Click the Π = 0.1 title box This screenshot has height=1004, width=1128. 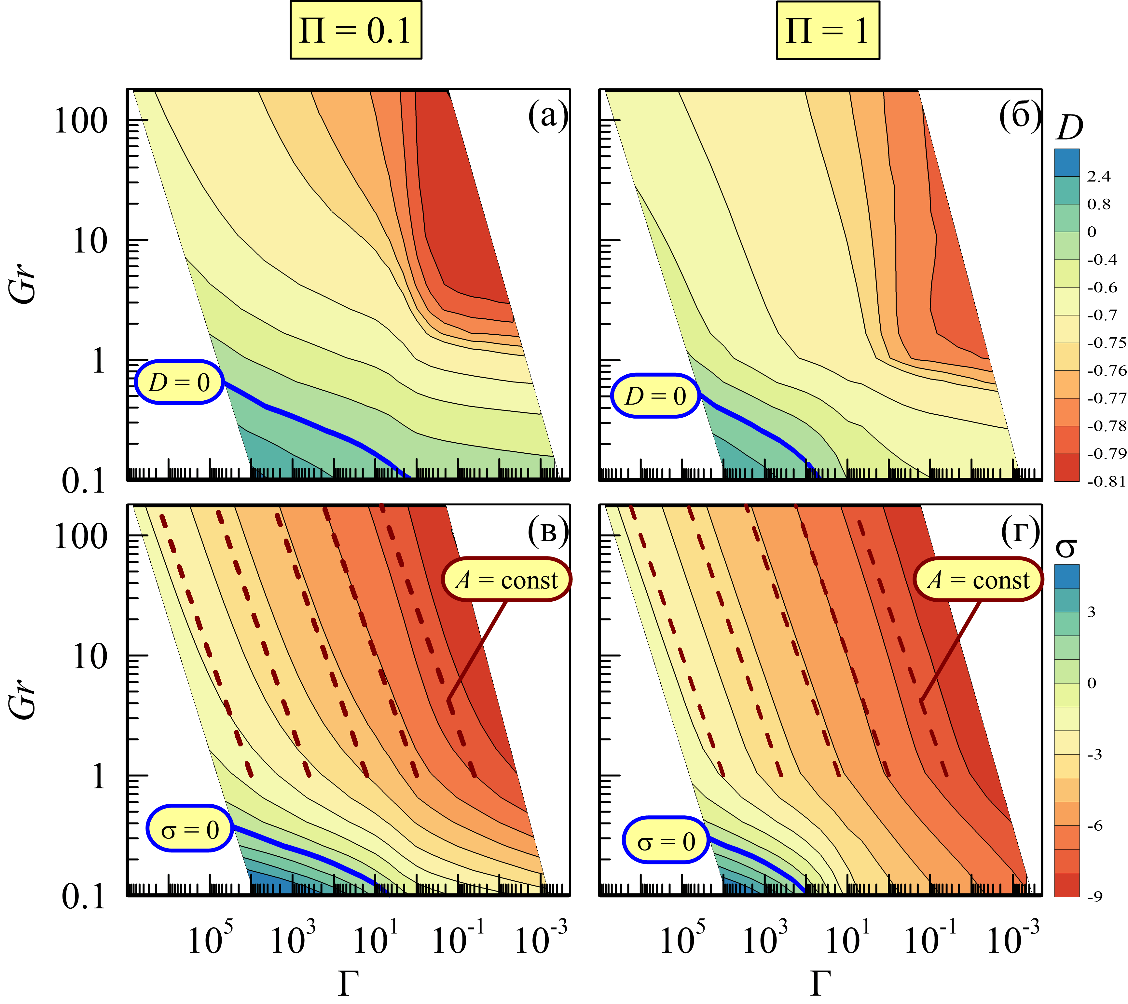pyautogui.click(x=356, y=30)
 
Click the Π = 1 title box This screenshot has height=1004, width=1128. pyautogui.click(x=828, y=30)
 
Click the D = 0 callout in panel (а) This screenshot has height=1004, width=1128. pyautogui.click(x=179, y=382)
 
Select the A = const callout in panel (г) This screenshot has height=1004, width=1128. pyautogui.click(x=978, y=579)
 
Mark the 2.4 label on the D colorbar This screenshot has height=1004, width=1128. pyautogui.click(x=1099, y=177)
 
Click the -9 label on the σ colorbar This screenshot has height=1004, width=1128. pyautogui.click(x=1095, y=896)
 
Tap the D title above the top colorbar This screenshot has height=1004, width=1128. pyautogui.click(x=1069, y=128)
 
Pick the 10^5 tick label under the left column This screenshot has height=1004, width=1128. pyautogui.click(x=210, y=938)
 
